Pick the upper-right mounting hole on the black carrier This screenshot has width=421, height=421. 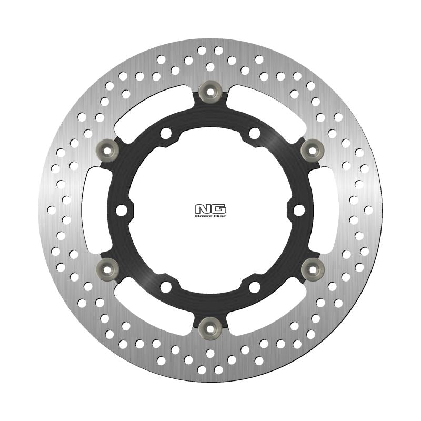coord(255,134)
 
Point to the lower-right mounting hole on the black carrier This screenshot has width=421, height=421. coord(255,287)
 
